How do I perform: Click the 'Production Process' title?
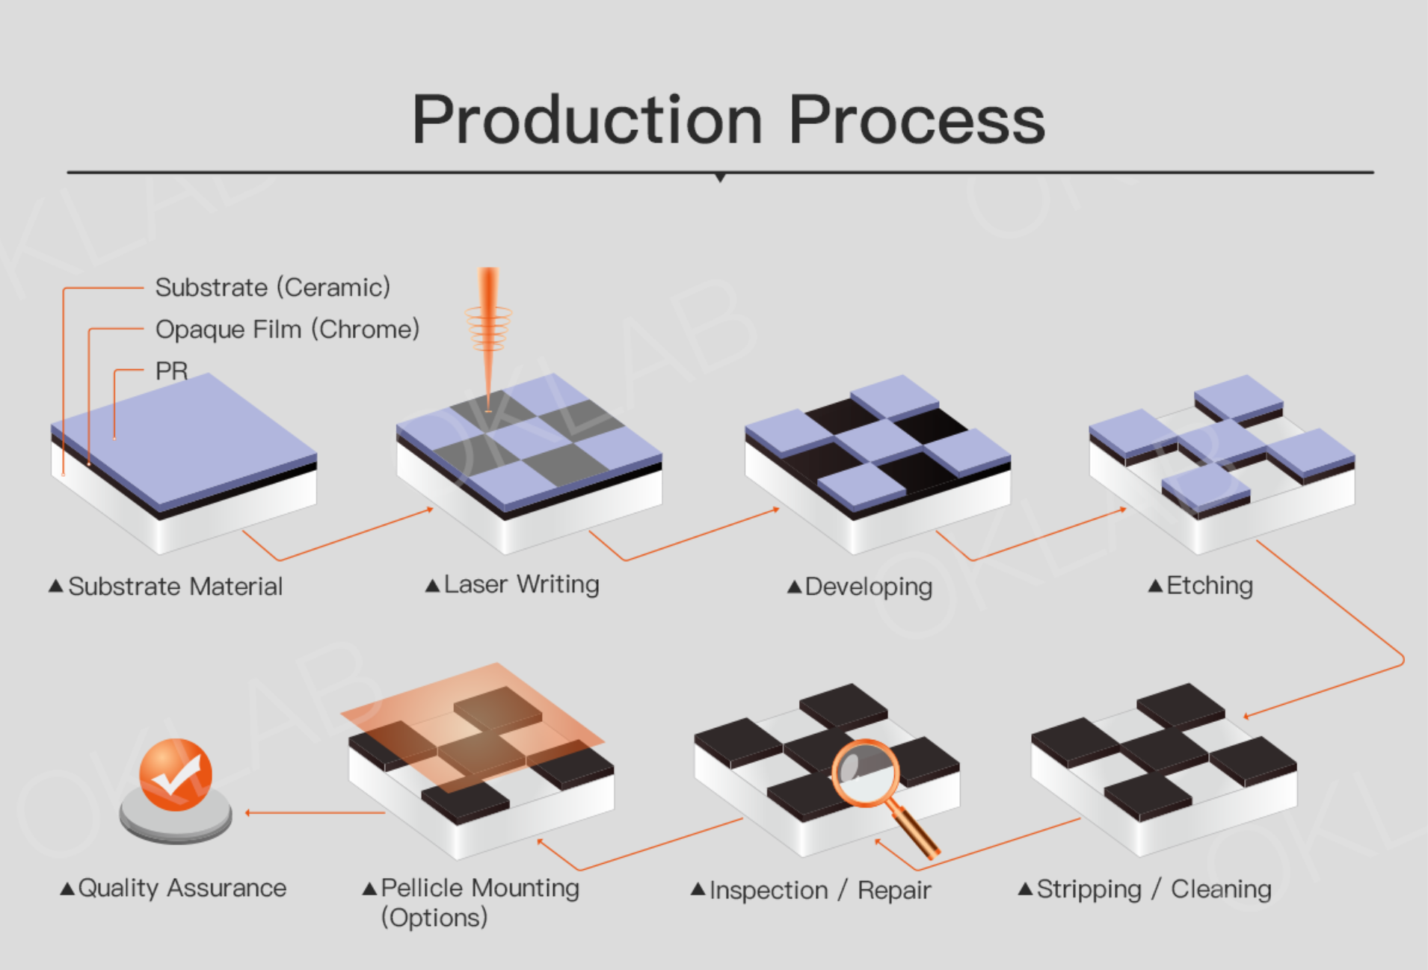click(x=728, y=120)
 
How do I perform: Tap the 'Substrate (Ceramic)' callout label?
click(x=273, y=287)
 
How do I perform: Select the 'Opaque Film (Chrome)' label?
click(x=287, y=329)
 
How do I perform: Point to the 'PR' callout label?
click(x=171, y=371)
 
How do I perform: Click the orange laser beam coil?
click(x=488, y=328)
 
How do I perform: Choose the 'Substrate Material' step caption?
click(x=176, y=587)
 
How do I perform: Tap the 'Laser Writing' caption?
click(x=522, y=584)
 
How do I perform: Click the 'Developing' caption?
click(x=869, y=587)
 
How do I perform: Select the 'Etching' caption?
click(x=1210, y=586)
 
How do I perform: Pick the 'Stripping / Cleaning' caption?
click(x=1154, y=889)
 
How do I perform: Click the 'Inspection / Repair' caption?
click(x=820, y=890)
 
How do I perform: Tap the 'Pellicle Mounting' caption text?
click(x=480, y=888)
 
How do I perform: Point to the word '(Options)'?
click(x=434, y=917)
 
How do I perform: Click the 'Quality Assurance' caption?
click(x=182, y=888)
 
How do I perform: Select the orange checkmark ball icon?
click(x=176, y=775)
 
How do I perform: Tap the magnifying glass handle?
click(x=914, y=830)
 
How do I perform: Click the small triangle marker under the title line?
click(x=720, y=178)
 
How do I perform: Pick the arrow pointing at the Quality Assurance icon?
click(x=315, y=812)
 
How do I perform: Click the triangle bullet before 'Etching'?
click(x=1155, y=586)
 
